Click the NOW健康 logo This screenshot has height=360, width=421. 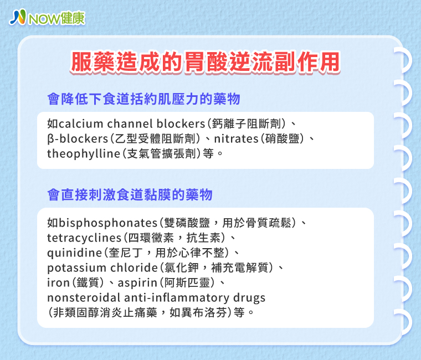coord(47,18)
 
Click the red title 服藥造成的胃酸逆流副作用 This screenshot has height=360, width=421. coord(206,62)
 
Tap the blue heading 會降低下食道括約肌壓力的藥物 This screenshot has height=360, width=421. coord(143,99)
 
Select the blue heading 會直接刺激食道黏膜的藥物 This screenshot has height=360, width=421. coord(130,194)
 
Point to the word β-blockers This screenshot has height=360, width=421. coord(78,139)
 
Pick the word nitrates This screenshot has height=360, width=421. coord(236,139)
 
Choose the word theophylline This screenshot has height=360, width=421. coord(84,154)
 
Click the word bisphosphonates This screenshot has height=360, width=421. coord(108,223)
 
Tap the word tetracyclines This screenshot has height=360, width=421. coord(84,238)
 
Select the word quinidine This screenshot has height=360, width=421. coord(75,253)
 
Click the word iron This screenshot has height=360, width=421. coord(59,282)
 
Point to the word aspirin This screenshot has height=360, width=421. coord(137,283)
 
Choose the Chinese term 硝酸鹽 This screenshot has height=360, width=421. coord(282,139)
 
